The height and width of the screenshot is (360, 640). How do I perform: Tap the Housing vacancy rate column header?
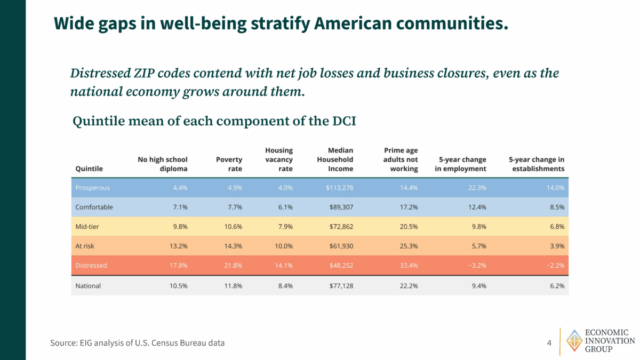279,159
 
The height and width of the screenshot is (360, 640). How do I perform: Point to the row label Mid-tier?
87,227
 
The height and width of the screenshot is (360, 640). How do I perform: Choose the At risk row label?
85,246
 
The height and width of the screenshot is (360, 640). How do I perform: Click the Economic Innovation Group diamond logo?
574,340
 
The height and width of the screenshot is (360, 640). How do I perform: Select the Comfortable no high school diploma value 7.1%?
179,207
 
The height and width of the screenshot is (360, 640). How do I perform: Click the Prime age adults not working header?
401,159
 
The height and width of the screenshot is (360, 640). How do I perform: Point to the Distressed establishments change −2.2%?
553,265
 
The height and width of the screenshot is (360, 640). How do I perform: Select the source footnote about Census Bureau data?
138,343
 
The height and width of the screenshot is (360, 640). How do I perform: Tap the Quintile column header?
89,169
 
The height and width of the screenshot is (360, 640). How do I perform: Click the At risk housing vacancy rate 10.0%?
282,246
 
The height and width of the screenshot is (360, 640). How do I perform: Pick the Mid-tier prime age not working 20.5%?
407,227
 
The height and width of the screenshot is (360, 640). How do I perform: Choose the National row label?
88,286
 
